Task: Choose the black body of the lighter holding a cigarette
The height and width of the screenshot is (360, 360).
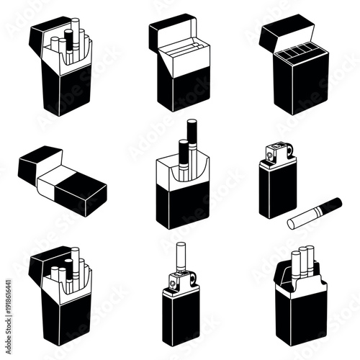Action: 179,317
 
